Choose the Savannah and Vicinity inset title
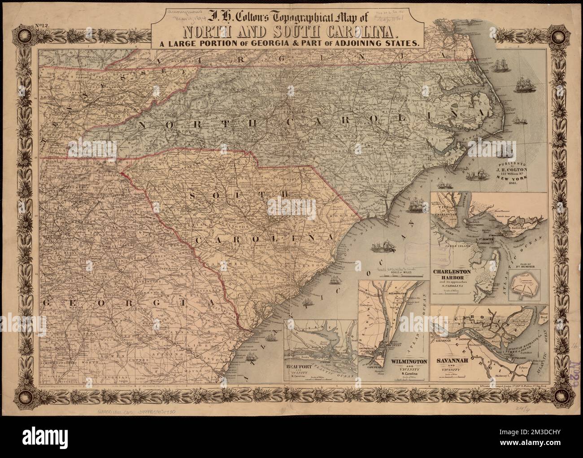[454, 362]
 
